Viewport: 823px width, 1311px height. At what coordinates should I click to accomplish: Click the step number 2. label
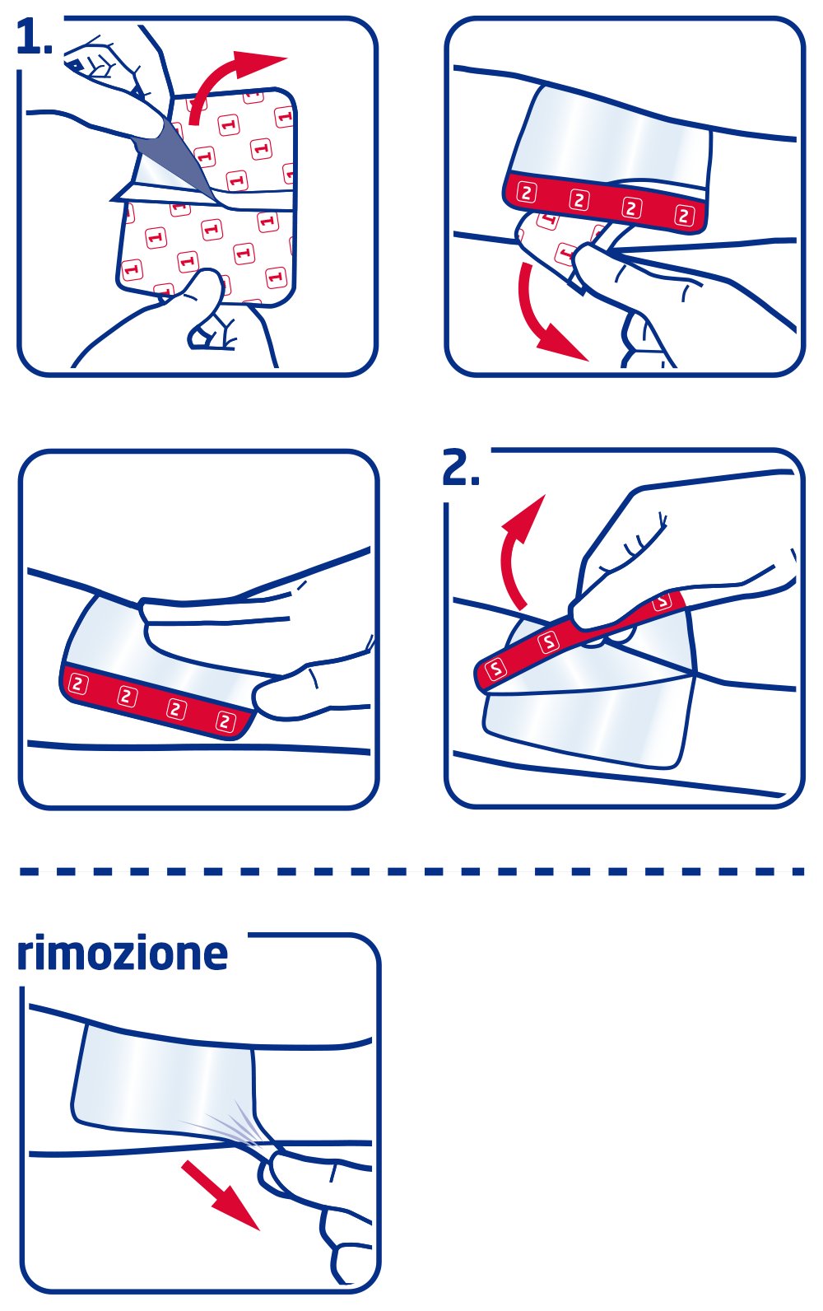[x=460, y=469]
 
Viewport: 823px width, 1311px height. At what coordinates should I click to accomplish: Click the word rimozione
[x=123, y=954]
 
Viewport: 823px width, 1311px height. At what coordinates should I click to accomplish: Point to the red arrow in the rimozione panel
[x=218, y=1194]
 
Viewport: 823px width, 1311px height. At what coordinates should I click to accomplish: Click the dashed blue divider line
[x=411, y=871]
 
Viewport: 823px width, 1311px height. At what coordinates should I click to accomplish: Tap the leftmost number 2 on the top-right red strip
[x=527, y=193]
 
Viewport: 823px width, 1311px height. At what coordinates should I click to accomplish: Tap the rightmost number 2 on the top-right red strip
[x=684, y=216]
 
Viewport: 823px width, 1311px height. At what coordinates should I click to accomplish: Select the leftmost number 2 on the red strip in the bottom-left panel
[x=77, y=683]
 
